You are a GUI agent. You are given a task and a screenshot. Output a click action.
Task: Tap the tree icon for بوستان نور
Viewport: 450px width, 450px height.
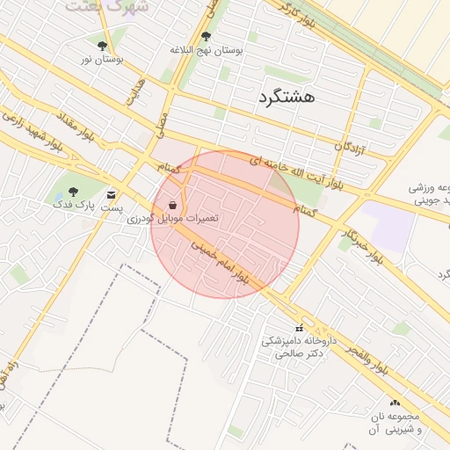pos(103,46)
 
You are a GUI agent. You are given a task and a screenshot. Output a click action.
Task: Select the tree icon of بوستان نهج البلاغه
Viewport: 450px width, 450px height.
pos(206,37)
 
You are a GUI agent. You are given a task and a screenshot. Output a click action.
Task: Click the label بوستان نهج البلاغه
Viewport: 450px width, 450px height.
pos(207,51)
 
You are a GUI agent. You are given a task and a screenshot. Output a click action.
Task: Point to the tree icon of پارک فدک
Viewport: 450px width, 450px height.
pos(73,192)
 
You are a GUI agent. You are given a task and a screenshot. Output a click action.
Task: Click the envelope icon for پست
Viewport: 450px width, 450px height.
pos(111,195)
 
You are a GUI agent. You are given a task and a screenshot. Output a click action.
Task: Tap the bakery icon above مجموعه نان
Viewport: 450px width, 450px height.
pos(394,403)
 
